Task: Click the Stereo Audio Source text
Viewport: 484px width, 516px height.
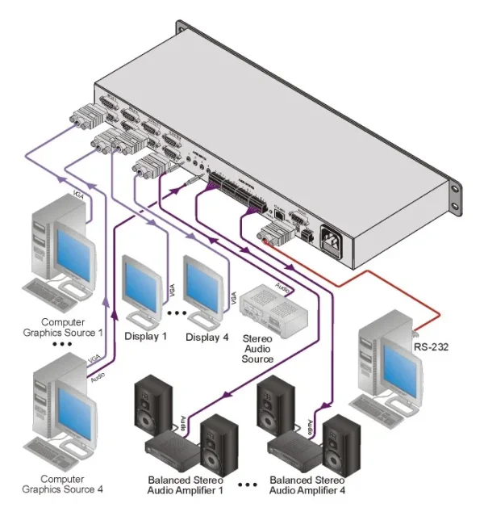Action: [x=258, y=348]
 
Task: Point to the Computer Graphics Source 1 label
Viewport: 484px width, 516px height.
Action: [x=62, y=326]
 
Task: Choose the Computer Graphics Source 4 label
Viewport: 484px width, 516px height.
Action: [x=62, y=484]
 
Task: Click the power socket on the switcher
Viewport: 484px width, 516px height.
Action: [x=333, y=238]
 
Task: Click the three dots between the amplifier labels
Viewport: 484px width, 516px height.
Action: [x=250, y=485]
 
